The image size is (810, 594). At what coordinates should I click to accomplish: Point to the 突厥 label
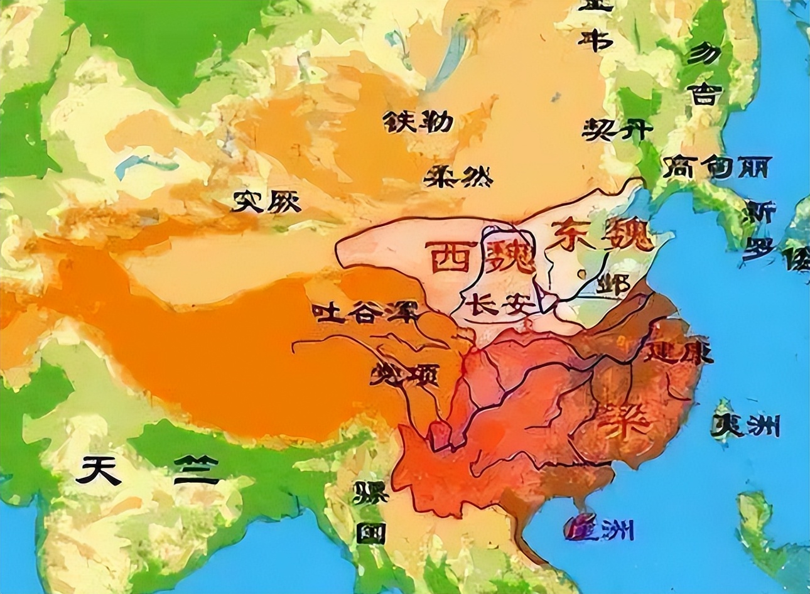[267, 202]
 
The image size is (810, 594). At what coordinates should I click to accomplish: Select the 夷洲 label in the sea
[746, 426]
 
